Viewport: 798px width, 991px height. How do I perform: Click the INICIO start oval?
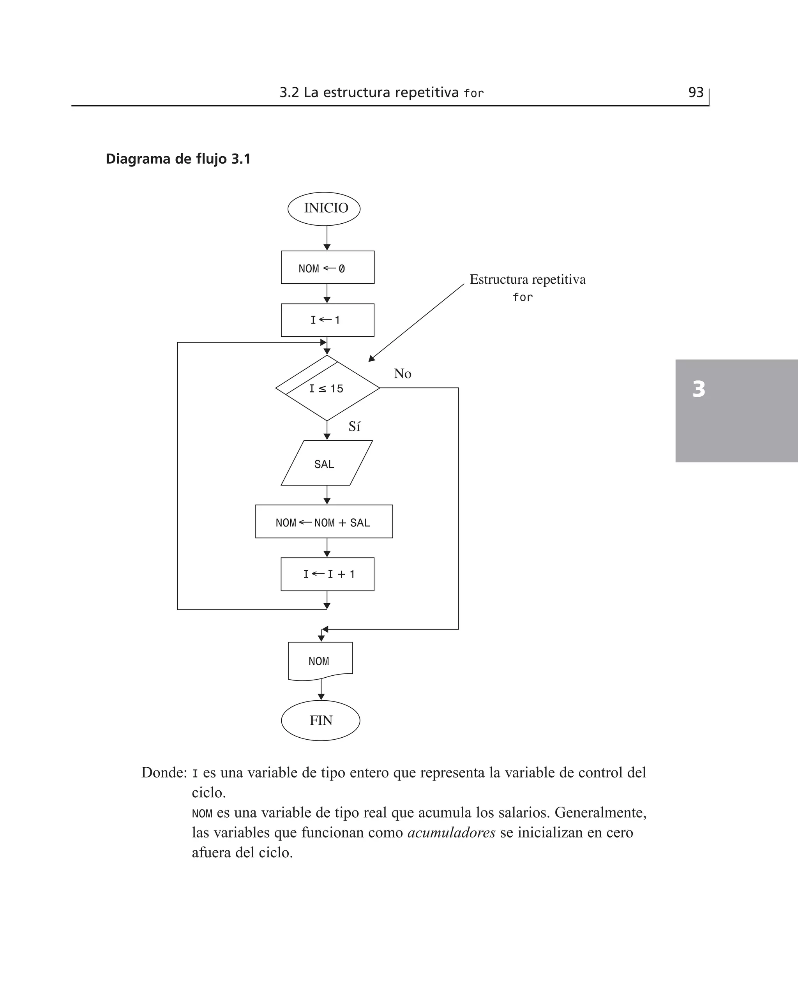point(324,208)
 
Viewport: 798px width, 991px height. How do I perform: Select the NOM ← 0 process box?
point(327,267)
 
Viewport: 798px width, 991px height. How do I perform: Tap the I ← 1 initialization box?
point(327,320)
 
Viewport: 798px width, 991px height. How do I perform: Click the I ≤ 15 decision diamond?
point(327,389)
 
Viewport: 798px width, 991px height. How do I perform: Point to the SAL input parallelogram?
point(327,463)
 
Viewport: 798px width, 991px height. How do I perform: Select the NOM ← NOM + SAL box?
point(324,522)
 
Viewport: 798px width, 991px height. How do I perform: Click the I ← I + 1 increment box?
point(327,574)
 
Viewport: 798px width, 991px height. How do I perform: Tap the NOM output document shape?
point(320,661)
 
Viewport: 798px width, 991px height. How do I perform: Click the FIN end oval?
point(320,720)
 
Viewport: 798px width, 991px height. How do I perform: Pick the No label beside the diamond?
point(402,374)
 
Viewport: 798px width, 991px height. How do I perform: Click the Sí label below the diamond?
point(354,427)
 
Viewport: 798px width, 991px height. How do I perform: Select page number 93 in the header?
point(696,92)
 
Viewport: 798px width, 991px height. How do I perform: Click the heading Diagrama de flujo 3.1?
point(178,159)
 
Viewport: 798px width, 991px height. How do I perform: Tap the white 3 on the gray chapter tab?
point(698,389)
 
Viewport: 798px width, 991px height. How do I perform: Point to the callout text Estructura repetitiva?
point(527,279)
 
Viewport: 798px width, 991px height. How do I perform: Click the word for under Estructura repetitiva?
point(523,297)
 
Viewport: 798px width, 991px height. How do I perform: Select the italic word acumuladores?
point(451,832)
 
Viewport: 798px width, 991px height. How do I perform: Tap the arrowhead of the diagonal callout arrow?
point(371,359)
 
